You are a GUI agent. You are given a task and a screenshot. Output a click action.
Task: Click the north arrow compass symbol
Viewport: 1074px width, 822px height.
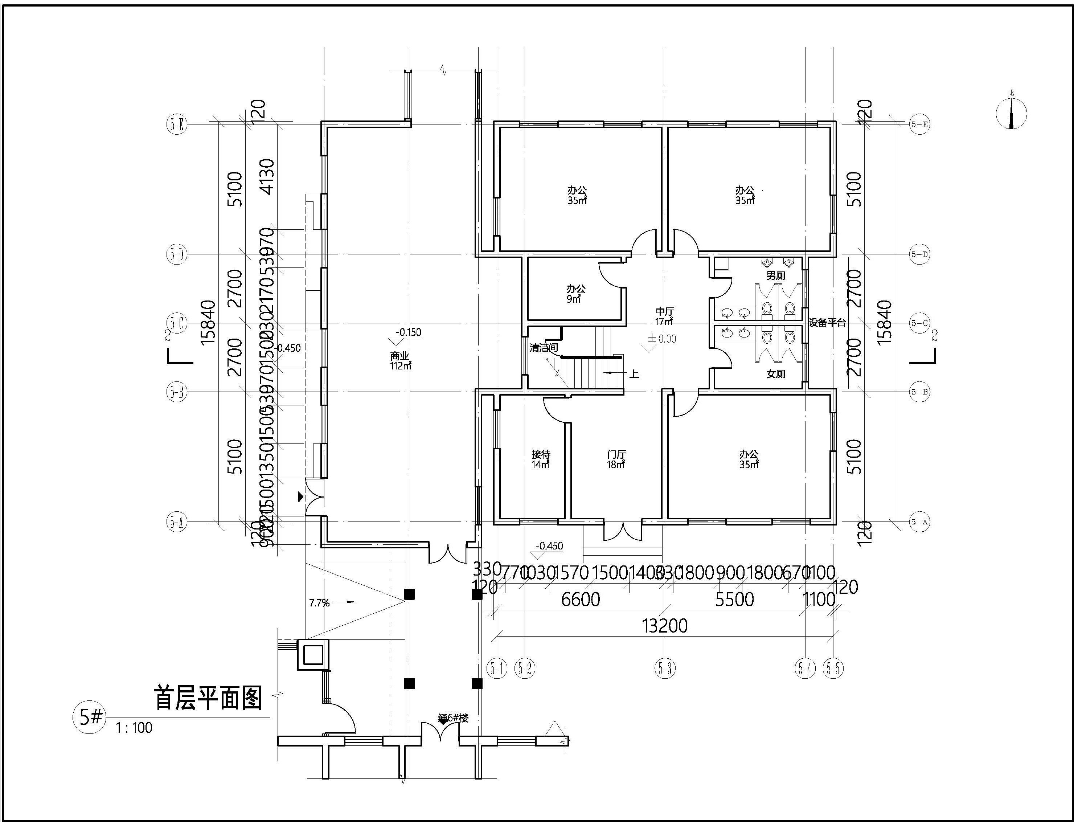tap(1011, 114)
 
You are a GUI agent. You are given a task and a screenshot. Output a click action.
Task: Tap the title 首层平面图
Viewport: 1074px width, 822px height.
tap(208, 698)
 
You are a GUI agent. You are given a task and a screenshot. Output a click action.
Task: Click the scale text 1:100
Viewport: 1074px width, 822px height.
tap(134, 728)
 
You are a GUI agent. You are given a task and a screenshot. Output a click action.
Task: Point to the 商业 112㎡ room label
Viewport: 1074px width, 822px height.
tap(400, 361)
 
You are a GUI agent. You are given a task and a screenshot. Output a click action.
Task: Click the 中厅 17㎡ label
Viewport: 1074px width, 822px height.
tap(665, 316)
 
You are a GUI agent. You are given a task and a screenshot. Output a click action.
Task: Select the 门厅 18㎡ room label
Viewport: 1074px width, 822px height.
tap(616, 459)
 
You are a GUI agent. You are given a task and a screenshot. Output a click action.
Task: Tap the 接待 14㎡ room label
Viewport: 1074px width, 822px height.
tap(540, 459)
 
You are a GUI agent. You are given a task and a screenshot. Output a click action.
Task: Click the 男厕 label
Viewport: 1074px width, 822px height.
tap(775, 275)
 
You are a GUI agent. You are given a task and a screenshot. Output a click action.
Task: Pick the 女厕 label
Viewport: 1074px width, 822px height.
tap(775, 374)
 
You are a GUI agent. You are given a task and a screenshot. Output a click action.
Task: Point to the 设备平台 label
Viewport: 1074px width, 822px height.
tap(827, 323)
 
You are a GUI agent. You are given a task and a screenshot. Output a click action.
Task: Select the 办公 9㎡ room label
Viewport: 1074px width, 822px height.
tap(575, 294)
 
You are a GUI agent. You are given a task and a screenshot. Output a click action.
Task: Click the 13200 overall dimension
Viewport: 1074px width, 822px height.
tap(665, 626)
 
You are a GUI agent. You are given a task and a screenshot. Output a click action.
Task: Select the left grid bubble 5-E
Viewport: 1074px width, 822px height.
tap(177, 124)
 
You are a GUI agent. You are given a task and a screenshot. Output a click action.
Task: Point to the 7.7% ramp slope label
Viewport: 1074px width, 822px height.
tap(319, 603)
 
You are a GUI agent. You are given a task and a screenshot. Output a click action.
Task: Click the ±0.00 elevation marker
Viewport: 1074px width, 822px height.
tap(662, 339)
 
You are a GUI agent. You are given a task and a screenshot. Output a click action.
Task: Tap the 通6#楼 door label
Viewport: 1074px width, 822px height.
tap(454, 718)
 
